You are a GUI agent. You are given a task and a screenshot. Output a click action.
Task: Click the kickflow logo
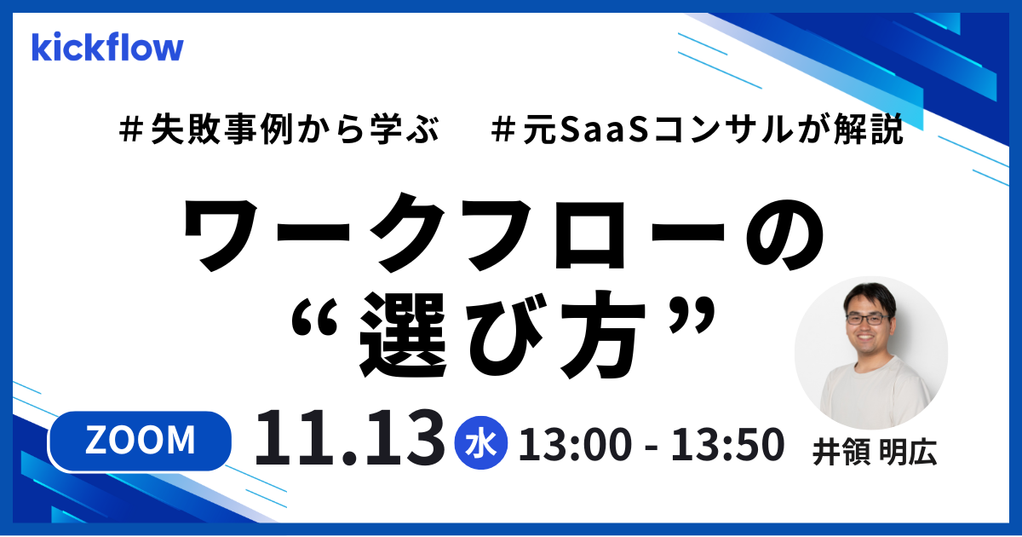point(107,48)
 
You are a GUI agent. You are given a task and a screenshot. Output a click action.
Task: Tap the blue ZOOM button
point(141,440)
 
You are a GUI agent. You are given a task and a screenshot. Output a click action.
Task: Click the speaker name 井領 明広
point(873,453)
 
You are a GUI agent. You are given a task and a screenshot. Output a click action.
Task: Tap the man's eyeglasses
point(867,318)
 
